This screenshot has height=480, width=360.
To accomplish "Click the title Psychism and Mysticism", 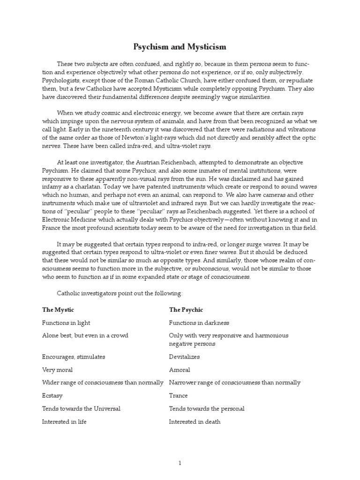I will pyautogui.click(x=180, y=47).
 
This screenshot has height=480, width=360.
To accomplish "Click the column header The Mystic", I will pyautogui.click(x=58, y=310).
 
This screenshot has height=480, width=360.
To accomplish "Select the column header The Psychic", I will pyautogui.click(x=186, y=310).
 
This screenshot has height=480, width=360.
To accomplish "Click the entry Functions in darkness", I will pyautogui.click(x=199, y=323).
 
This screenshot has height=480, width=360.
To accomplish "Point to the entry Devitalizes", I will pyautogui.click(x=184, y=357).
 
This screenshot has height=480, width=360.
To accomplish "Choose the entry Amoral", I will pyautogui.click(x=179, y=370).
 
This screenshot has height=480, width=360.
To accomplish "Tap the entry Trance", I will pyautogui.click(x=178, y=396).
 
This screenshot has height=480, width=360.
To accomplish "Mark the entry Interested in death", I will pyautogui.click(x=195, y=421).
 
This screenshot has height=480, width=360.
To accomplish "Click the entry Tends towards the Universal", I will pyautogui.click(x=81, y=408).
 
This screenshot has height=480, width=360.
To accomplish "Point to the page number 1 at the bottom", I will pyautogui.click(x=180, y=463).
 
